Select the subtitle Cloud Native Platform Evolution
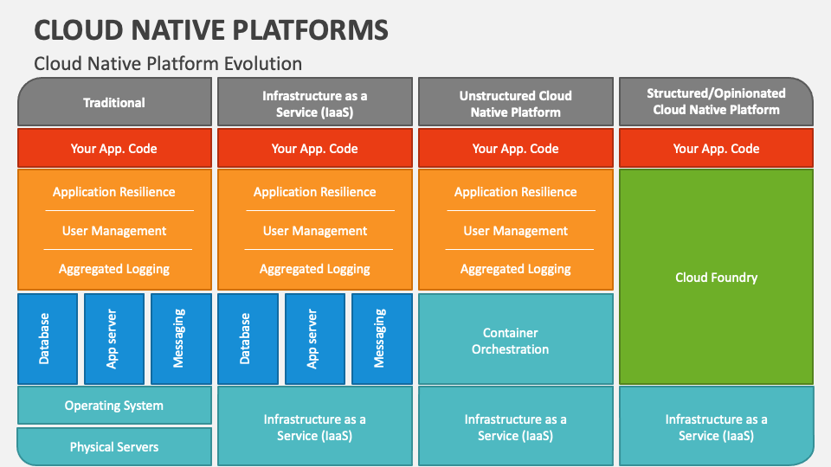(168, 63)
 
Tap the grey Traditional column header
(114, 102)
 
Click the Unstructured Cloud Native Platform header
(516, 104)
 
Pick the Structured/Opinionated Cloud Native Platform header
(716, 101)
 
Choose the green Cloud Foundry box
(716, 278)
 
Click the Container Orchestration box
(516, 341)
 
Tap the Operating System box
(114, 406)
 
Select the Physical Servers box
(114, 447)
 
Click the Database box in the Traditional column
(48, 338)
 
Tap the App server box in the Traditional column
(114, 338)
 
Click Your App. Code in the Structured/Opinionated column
(716, 148)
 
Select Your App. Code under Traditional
(114, 148)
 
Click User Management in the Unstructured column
(516, 231)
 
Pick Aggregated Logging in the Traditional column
(114, 269)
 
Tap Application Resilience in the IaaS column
(315, 192)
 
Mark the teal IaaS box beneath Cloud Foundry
(716, 427)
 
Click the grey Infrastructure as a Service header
(315, 104)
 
